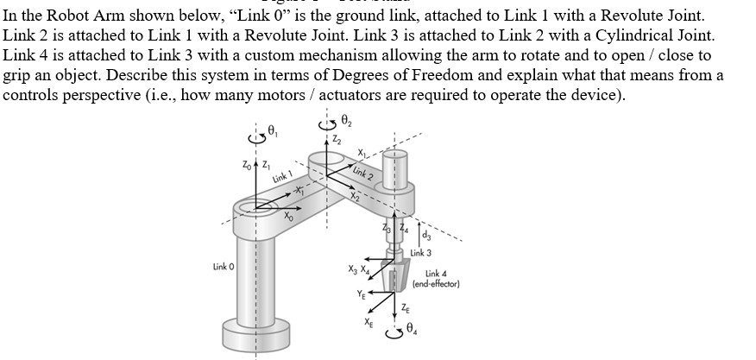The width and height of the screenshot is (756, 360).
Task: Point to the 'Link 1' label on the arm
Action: click(x=280, y=175)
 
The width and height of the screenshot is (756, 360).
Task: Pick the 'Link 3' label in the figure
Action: click(x=420, y=253)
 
